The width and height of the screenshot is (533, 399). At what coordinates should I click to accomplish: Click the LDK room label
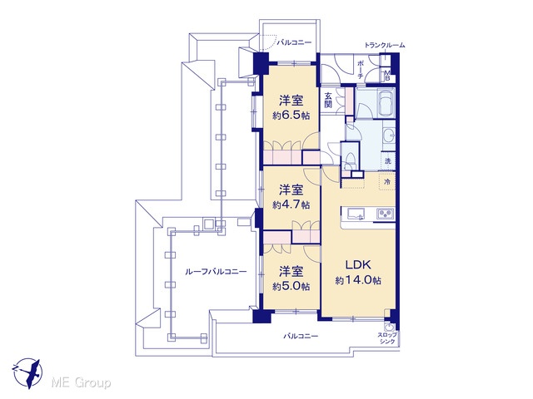[x=358, y=264]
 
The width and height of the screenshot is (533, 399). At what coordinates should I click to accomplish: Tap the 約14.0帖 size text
[x=358, y=281]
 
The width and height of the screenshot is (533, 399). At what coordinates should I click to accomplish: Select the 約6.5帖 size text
[x=291, y=116]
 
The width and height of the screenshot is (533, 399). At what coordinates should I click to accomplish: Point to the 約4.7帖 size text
[x=291, y=205]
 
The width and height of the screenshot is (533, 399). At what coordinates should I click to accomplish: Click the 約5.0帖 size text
[x=291, y=287]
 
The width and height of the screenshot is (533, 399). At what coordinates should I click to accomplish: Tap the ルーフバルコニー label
[x=216, y=272]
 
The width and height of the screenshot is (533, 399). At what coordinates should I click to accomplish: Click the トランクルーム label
[x=385, y=45]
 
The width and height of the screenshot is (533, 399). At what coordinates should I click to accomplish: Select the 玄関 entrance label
[x=327, y=100]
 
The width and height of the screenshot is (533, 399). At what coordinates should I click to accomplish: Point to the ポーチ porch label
[x=361, y=70]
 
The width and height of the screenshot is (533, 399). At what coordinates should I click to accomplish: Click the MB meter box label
[x=387, y=75]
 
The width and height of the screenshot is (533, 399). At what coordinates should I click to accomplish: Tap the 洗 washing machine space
[x=388, y=161]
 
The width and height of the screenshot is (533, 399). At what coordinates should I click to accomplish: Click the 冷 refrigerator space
[x=387, y=181]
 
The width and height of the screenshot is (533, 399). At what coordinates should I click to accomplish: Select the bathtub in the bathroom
[x=386, y=103]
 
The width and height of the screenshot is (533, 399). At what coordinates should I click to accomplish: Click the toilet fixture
[x=348, y=160]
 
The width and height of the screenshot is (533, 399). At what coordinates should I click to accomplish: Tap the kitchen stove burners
[x=385, y=214]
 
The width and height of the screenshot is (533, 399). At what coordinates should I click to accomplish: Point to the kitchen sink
[x=356, y=214]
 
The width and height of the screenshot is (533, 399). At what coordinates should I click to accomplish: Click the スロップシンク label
[x=387, y=338]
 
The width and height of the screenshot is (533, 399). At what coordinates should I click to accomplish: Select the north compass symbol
[x=28, y=373]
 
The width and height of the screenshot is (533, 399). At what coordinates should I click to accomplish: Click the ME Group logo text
[x=81, y=383]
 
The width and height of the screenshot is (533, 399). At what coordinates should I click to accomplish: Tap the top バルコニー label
[x=294, y=42]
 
